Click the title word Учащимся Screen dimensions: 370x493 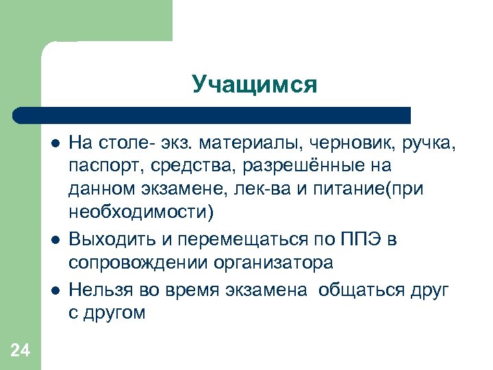[255, 84]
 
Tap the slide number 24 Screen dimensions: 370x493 [21, 351]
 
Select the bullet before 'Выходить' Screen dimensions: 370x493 [55, 240]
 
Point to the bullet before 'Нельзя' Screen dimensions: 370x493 [55, 289]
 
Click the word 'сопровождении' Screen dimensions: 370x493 [138, 263]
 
